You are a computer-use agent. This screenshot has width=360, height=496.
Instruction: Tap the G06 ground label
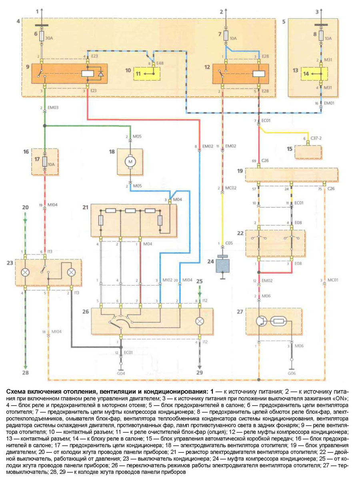pos(291,372)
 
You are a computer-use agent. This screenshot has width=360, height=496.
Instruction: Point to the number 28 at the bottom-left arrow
pos(25,373)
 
